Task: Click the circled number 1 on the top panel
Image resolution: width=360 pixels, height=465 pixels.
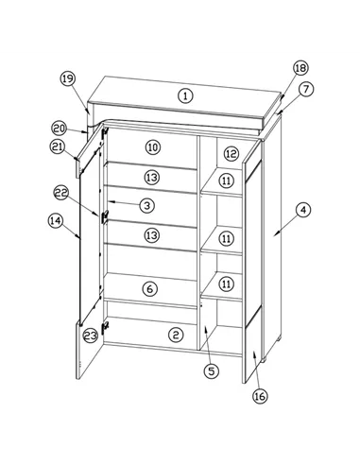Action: click(185, 95)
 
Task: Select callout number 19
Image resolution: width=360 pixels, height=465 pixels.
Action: click(68, 78)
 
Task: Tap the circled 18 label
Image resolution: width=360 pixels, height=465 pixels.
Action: click(300, 68)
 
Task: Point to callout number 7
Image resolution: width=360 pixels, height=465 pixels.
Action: click(306, 89)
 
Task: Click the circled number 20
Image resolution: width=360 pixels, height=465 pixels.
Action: click(60, 129)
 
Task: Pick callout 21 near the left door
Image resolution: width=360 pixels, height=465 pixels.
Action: click(58, 147)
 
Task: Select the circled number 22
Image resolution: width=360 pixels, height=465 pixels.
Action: click(61, 193)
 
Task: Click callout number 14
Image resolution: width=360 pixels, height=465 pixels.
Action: click(56, 221)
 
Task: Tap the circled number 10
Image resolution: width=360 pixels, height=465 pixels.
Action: click(153, 146)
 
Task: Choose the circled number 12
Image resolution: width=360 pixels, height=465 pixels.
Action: click(231, 154)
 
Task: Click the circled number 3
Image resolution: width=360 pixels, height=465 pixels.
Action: click(147, 206)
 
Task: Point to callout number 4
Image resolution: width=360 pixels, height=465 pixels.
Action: click(303, 210)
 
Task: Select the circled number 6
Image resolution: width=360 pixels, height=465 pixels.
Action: click(150, 288)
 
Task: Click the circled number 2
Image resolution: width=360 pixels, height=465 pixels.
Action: click(176, 335)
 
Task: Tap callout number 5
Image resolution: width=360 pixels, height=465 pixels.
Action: click(212, 370)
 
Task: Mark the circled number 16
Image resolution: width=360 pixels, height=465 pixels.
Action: click(260, 396)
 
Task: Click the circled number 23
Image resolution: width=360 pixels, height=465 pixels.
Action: click(91, 336)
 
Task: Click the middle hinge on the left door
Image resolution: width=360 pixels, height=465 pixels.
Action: click(104, 216)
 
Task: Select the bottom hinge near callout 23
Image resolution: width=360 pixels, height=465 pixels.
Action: click(105, 328)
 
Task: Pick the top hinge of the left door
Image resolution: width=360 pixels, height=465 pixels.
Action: click(105, 133)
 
